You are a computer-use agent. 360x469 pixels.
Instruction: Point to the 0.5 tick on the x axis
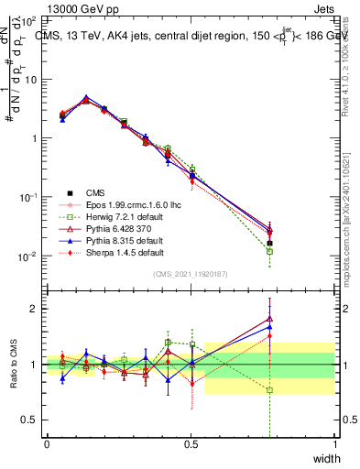(x=191, y=444)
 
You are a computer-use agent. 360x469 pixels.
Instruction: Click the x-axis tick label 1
(x=334, y=444)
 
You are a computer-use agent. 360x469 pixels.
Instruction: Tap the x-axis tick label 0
(x=47, y=444)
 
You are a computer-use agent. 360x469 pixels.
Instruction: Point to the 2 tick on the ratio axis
(x=34, y=309)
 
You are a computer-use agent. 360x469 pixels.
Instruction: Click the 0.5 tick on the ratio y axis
(x=31, y=420)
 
